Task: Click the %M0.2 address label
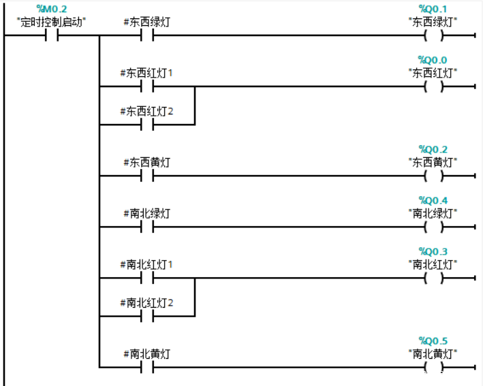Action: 52,9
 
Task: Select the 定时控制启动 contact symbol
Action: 52,35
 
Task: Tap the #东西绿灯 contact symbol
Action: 147,35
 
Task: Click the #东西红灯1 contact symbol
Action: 147,86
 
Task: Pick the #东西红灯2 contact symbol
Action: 147,125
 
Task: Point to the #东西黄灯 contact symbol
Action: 147,176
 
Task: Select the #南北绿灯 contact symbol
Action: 147,227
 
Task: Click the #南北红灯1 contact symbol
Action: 147,278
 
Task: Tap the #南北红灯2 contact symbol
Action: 147,316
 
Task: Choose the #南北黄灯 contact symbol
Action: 147,367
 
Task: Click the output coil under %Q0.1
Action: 433,35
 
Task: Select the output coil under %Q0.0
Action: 433,86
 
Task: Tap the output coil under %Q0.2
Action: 433,176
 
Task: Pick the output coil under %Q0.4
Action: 433,227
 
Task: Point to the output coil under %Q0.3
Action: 433,278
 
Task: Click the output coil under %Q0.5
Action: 433,367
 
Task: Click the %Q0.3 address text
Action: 433,251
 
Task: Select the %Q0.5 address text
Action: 433,341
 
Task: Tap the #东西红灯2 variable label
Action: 146,111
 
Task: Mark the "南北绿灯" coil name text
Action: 433,213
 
